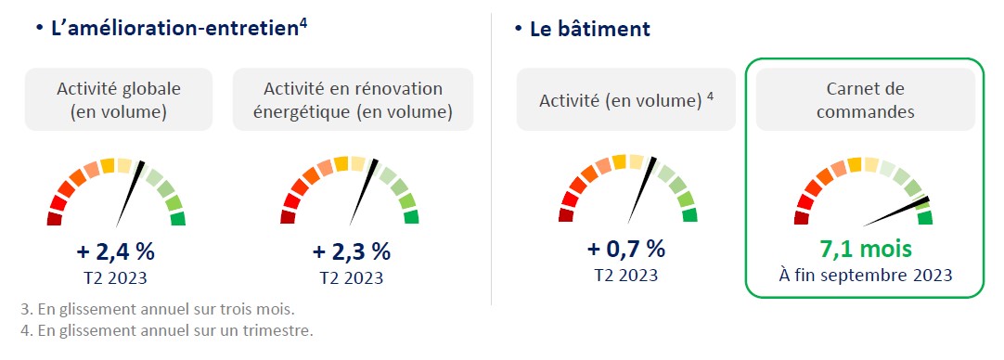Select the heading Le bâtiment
[590, 29]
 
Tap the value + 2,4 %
[115, 251]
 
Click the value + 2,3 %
[351, 251]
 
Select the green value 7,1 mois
[863, 249]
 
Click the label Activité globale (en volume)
[119, 100]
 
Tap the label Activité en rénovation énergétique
[353, 100]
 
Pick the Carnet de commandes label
[865, 100]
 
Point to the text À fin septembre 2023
[865, 276]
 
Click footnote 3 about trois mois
[158, 310]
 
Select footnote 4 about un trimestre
[167, 332]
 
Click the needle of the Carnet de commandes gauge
[896, 212]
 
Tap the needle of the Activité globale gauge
[130, 194]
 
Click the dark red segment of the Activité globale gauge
[55, 218]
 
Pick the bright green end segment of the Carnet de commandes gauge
[924, 218]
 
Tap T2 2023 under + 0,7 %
[626, 275]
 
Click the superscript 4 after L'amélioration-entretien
[303, 24]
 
